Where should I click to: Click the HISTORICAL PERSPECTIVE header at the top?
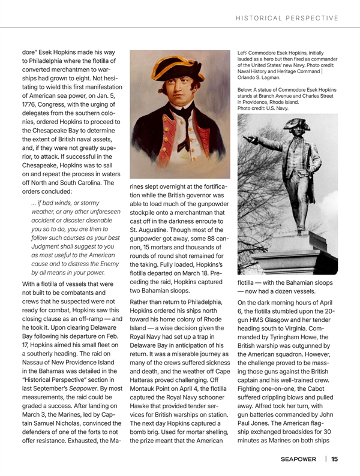pos(287,17)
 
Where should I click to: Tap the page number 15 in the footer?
pos(334,459)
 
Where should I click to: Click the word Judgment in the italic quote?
pos(49,239)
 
